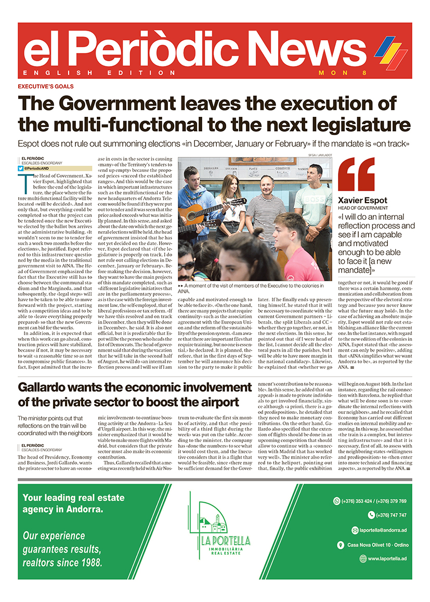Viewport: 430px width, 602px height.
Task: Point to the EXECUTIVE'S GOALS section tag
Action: pyautogui.click(x=46, y=87)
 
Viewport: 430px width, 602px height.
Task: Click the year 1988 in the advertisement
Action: pyautogui.click(x=89, y=563)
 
